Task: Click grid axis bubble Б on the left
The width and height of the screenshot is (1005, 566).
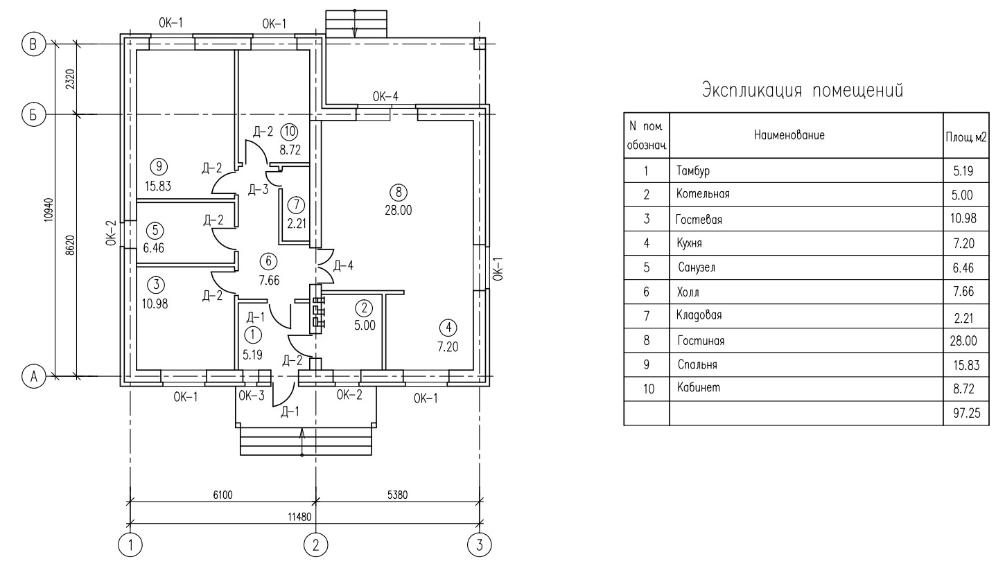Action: click(34, 115)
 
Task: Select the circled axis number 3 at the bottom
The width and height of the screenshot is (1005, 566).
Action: click(479, 545)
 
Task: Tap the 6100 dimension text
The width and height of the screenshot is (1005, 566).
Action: click(222, 495)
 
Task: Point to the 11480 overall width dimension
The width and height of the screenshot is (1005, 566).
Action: click(299, 517)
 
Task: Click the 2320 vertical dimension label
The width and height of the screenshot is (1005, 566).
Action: click(71, 79)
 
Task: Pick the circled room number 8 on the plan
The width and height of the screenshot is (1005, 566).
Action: click(399, 193)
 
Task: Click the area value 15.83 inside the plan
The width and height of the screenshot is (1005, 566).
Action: click(158, 186)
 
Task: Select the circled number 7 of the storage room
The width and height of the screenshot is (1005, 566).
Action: click(296, 205)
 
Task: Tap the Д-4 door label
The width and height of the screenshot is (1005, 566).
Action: click(343, 266)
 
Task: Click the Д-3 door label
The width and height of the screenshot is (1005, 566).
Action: click(259, 189)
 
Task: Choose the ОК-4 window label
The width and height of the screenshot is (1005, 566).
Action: click(385, 96)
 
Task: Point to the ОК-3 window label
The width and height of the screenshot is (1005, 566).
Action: click(251, 396)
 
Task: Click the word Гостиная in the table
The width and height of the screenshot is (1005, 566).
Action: click(701, 340)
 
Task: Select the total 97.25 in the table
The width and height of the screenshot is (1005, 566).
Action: click(966, 413)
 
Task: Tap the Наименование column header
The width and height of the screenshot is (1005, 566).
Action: click(789, 135)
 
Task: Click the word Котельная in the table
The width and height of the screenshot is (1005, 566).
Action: click(703, 194)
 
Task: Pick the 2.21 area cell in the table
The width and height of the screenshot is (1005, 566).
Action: click(963, 318)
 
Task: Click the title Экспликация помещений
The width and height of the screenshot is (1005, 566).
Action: click(803, 89)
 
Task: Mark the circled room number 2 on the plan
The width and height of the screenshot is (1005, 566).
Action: click(364, 308)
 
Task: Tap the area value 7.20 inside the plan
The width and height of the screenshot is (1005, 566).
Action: click(448, 346)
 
